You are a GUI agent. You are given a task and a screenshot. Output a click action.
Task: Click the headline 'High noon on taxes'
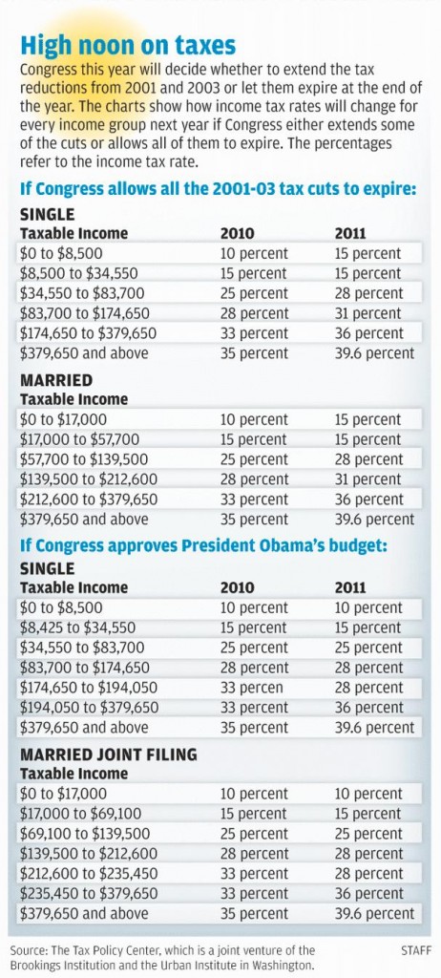(129, 45)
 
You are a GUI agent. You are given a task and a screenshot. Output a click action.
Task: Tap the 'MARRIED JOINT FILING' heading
(109, 755)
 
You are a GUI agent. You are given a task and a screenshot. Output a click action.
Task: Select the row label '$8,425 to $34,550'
(78, 628)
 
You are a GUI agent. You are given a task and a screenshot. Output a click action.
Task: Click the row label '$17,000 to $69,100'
(80, 814)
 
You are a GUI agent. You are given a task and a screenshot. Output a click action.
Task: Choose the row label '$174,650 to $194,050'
(89, 688)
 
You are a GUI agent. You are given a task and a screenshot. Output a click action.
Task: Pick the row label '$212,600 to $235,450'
(89, 873)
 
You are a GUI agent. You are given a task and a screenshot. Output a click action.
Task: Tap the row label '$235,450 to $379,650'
(89, 893)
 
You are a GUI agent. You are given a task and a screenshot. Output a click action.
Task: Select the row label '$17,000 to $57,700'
(80, 439)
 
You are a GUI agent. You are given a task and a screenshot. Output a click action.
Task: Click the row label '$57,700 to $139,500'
(84, 459)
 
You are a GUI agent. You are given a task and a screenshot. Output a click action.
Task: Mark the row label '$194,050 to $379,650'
(89, 708)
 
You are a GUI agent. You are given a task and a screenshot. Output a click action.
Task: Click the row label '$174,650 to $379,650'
(88, 333)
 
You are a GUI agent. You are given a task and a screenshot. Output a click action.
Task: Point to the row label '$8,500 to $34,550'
(78, 274)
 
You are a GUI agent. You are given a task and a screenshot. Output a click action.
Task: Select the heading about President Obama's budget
(204, 546)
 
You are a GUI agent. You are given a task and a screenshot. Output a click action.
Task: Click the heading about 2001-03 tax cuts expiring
(218, 189)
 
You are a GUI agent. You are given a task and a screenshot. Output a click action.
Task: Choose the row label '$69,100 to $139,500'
(85, 834)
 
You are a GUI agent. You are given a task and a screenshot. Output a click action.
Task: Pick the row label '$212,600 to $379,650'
(89, 500)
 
